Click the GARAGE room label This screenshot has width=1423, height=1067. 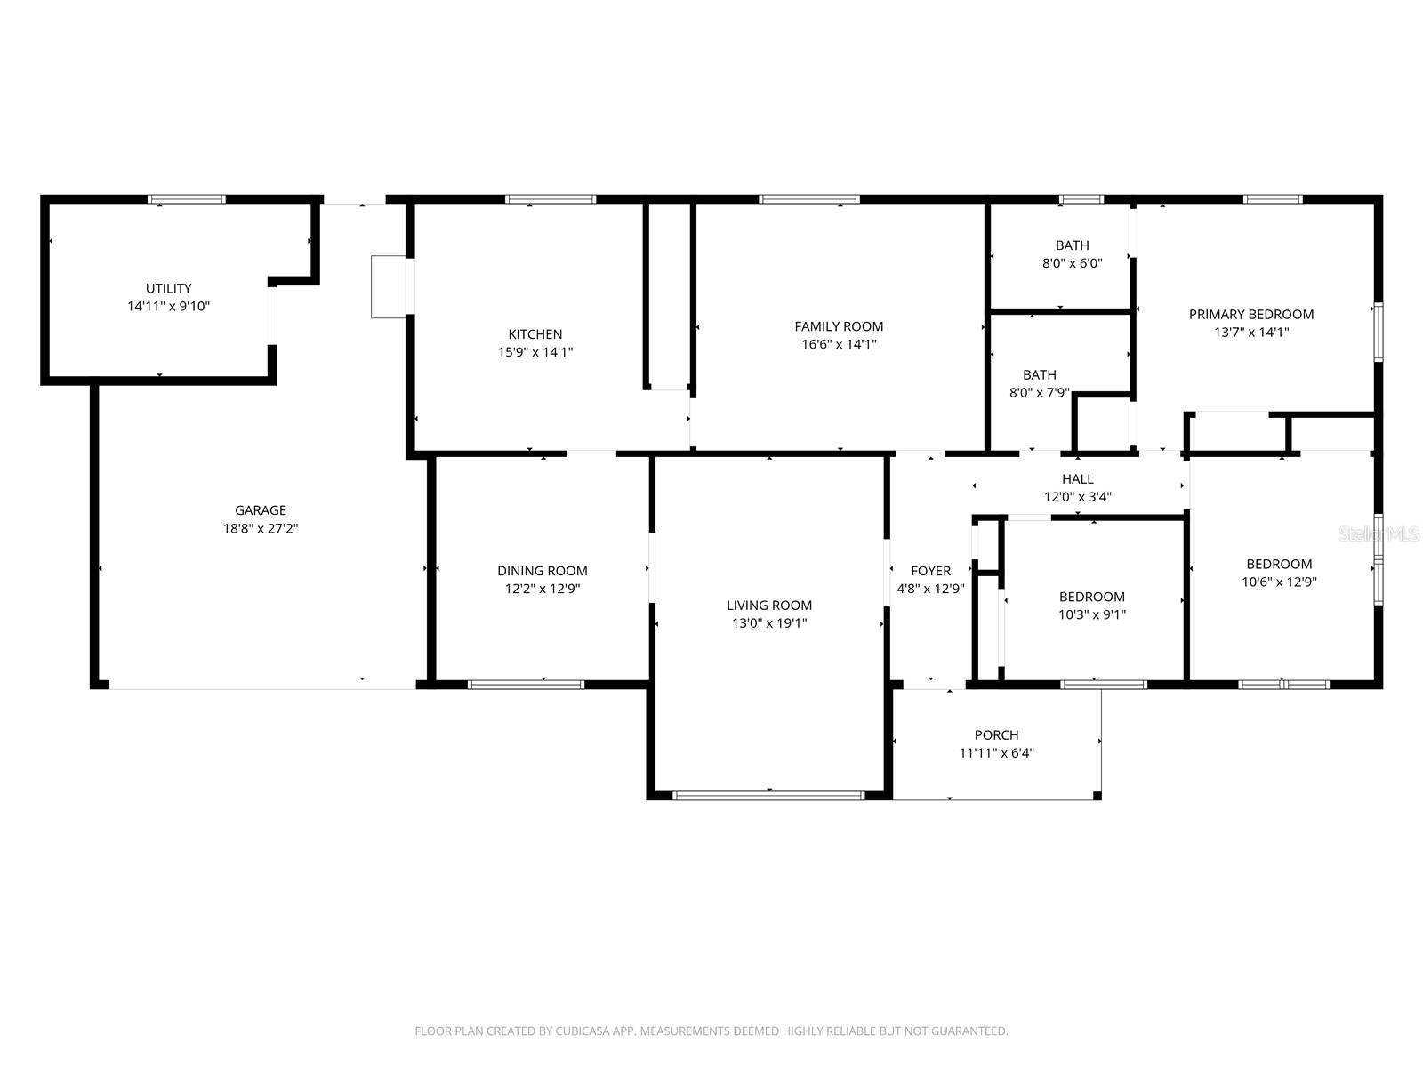pos(261,510)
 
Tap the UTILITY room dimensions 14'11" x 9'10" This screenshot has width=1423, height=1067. pos(168,306)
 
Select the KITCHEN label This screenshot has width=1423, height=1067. pos(535,334)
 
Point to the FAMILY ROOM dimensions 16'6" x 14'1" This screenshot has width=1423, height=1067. pos(839,344)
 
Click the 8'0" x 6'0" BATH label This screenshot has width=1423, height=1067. pos(1072,245)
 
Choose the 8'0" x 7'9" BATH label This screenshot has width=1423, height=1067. pos(1040,375)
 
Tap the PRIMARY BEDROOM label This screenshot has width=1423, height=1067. pos(1250,314)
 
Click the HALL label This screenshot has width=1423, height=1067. pos(1077,479)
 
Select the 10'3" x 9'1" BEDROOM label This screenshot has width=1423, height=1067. pos(1091,597)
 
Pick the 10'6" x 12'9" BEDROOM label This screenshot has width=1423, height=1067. pos(1278,564)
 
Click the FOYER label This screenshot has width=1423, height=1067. pos(930,571)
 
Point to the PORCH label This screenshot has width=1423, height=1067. pos(996,735)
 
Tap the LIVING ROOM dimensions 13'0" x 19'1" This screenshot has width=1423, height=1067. pos(768,623)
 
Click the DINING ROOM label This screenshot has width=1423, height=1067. pos(542,571)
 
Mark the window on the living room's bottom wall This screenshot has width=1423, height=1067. pos(768,795)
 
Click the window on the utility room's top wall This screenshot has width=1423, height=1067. pos(186,199)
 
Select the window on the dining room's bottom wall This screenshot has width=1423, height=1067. pos(526,685)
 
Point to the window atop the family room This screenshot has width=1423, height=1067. pos(809,199)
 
